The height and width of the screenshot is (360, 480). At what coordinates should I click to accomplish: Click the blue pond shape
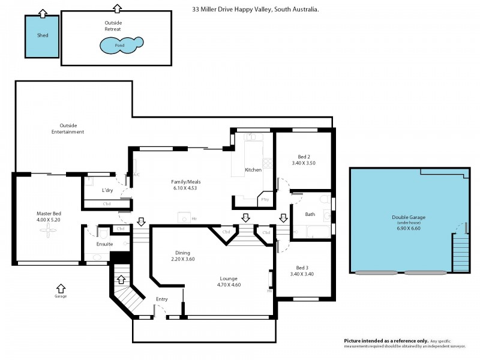coord(121,44)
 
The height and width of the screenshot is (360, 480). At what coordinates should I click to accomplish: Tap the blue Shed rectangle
coord(42,36)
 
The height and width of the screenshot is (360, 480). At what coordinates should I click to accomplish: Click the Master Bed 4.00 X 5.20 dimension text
coord(49,220)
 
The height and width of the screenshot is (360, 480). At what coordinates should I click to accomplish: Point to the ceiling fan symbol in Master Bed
coord(48,236)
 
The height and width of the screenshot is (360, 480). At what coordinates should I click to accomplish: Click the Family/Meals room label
coord(184,181)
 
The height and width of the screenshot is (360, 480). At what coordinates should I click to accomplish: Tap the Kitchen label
coord(253,170)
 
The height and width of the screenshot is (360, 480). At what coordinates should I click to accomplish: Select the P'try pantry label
coord(264,200)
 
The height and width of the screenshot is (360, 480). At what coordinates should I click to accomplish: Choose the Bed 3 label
coord(302,268)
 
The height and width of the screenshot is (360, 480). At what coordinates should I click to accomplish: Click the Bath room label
coord(310,214)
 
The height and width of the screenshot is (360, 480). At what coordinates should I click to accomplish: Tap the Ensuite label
coord(104,244)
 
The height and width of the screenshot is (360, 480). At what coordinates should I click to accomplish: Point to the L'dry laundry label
coord(107,190)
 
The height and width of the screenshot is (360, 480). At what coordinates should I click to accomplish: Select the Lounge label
coord(228,278)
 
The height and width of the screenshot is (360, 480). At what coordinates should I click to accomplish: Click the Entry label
coord(162,299)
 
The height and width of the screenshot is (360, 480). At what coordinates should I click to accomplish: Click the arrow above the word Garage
coord(61,287)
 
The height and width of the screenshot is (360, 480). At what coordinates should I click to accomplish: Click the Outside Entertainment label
coord(67,128)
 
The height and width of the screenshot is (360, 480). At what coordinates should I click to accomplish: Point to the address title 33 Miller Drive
coord(255,10)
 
